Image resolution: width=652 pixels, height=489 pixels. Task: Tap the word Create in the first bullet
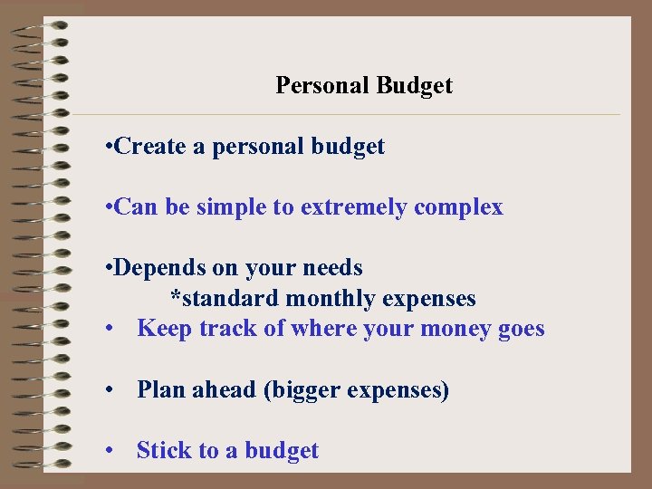pyautogui.click(x=151, y=147)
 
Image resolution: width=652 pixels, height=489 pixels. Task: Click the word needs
pyautogui.click(x=335, y=269)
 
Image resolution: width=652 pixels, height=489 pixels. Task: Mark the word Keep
pyautogui.click(x=165, y=329)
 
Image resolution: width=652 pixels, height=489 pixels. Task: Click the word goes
pyautogui.click(x=522, y=330)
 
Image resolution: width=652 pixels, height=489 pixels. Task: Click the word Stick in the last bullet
pyautogui.click(x=161, y=451)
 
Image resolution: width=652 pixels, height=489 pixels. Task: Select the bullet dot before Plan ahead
pyautogui.click(x=108, y=390)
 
